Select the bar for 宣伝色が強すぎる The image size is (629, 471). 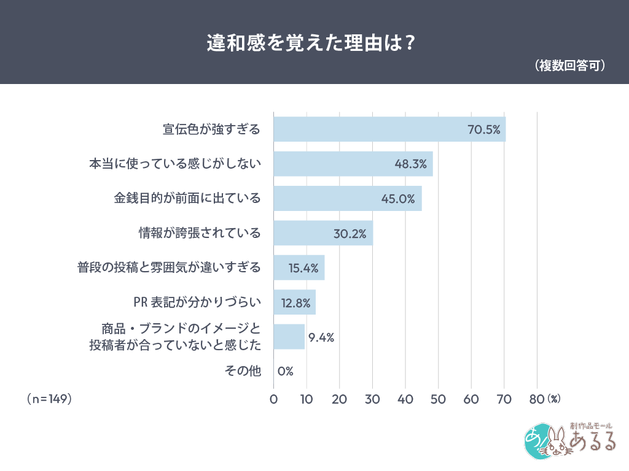[369, 129]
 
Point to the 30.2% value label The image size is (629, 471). [350, 234]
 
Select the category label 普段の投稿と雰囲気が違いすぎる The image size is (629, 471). [169, 268]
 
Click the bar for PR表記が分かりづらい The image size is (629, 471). [294, 302]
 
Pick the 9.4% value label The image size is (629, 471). [321, 337]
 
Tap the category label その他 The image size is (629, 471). [243, 371]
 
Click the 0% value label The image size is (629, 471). [285, 371]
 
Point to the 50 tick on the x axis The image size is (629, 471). [438, 399]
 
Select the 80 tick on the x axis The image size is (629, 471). [537, 399]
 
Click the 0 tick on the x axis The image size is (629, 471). [273, 399]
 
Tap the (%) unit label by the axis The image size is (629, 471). [553, 399]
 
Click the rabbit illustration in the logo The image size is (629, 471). [556, 443]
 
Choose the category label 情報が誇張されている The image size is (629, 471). [200, 234]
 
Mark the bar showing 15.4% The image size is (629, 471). [299, 268]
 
